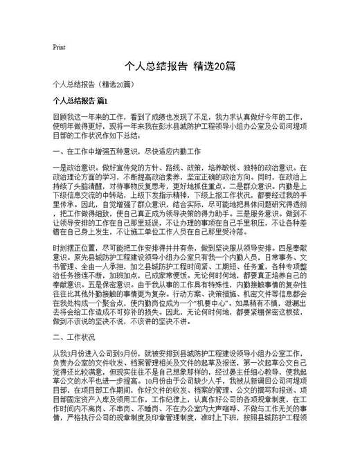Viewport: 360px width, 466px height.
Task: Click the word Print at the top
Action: click(59, 48)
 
